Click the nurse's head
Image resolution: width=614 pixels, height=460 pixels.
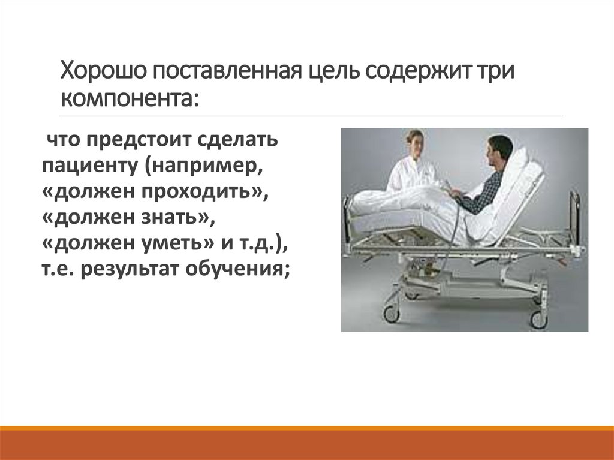(414, 142)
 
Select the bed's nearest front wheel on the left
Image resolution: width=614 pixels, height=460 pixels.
(392, 312)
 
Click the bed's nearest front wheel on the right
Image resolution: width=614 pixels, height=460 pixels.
(538, 319)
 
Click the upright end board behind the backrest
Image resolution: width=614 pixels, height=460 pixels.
(574, 219)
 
